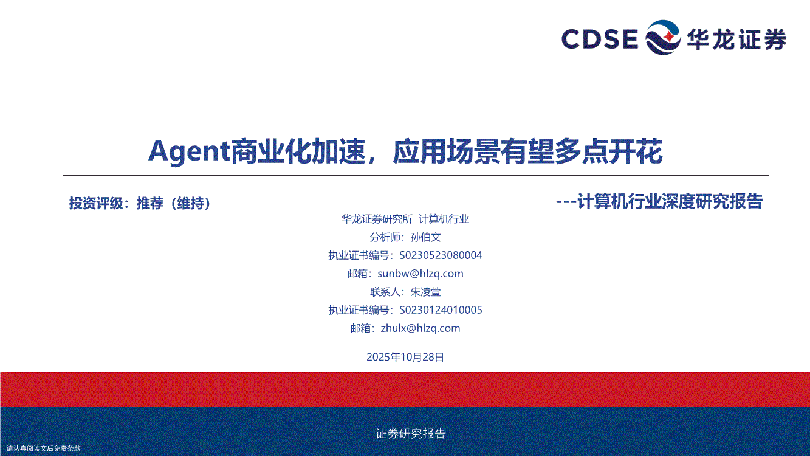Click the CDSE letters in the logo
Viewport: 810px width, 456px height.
point(600,38)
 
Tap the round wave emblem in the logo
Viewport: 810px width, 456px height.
point(663,38)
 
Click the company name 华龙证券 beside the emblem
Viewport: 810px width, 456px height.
point(736,39)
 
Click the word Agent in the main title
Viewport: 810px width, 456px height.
point(190,151)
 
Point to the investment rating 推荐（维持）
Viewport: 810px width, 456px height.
point(173,203)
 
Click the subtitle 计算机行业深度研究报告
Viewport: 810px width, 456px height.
point(670,202)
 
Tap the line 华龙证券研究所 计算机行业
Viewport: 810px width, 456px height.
point(405,219)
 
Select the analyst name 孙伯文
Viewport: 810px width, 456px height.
point(425,237)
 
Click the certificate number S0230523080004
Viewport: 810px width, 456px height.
point(441,255)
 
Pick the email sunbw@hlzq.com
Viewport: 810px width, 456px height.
point(420,273)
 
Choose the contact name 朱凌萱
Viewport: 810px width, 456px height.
point(425,292)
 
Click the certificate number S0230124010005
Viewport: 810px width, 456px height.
point(441,310)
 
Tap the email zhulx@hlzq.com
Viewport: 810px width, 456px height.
point(420,328)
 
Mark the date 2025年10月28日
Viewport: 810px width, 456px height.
point(405,357)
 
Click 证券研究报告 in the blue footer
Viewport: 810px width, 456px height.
point(410,433)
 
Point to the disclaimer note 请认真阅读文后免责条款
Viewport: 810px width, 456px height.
point(43,448)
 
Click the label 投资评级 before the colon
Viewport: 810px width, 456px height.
point(96,203)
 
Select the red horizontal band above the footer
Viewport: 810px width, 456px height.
point(405,389)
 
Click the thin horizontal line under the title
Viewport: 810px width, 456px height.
point(416,175)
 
